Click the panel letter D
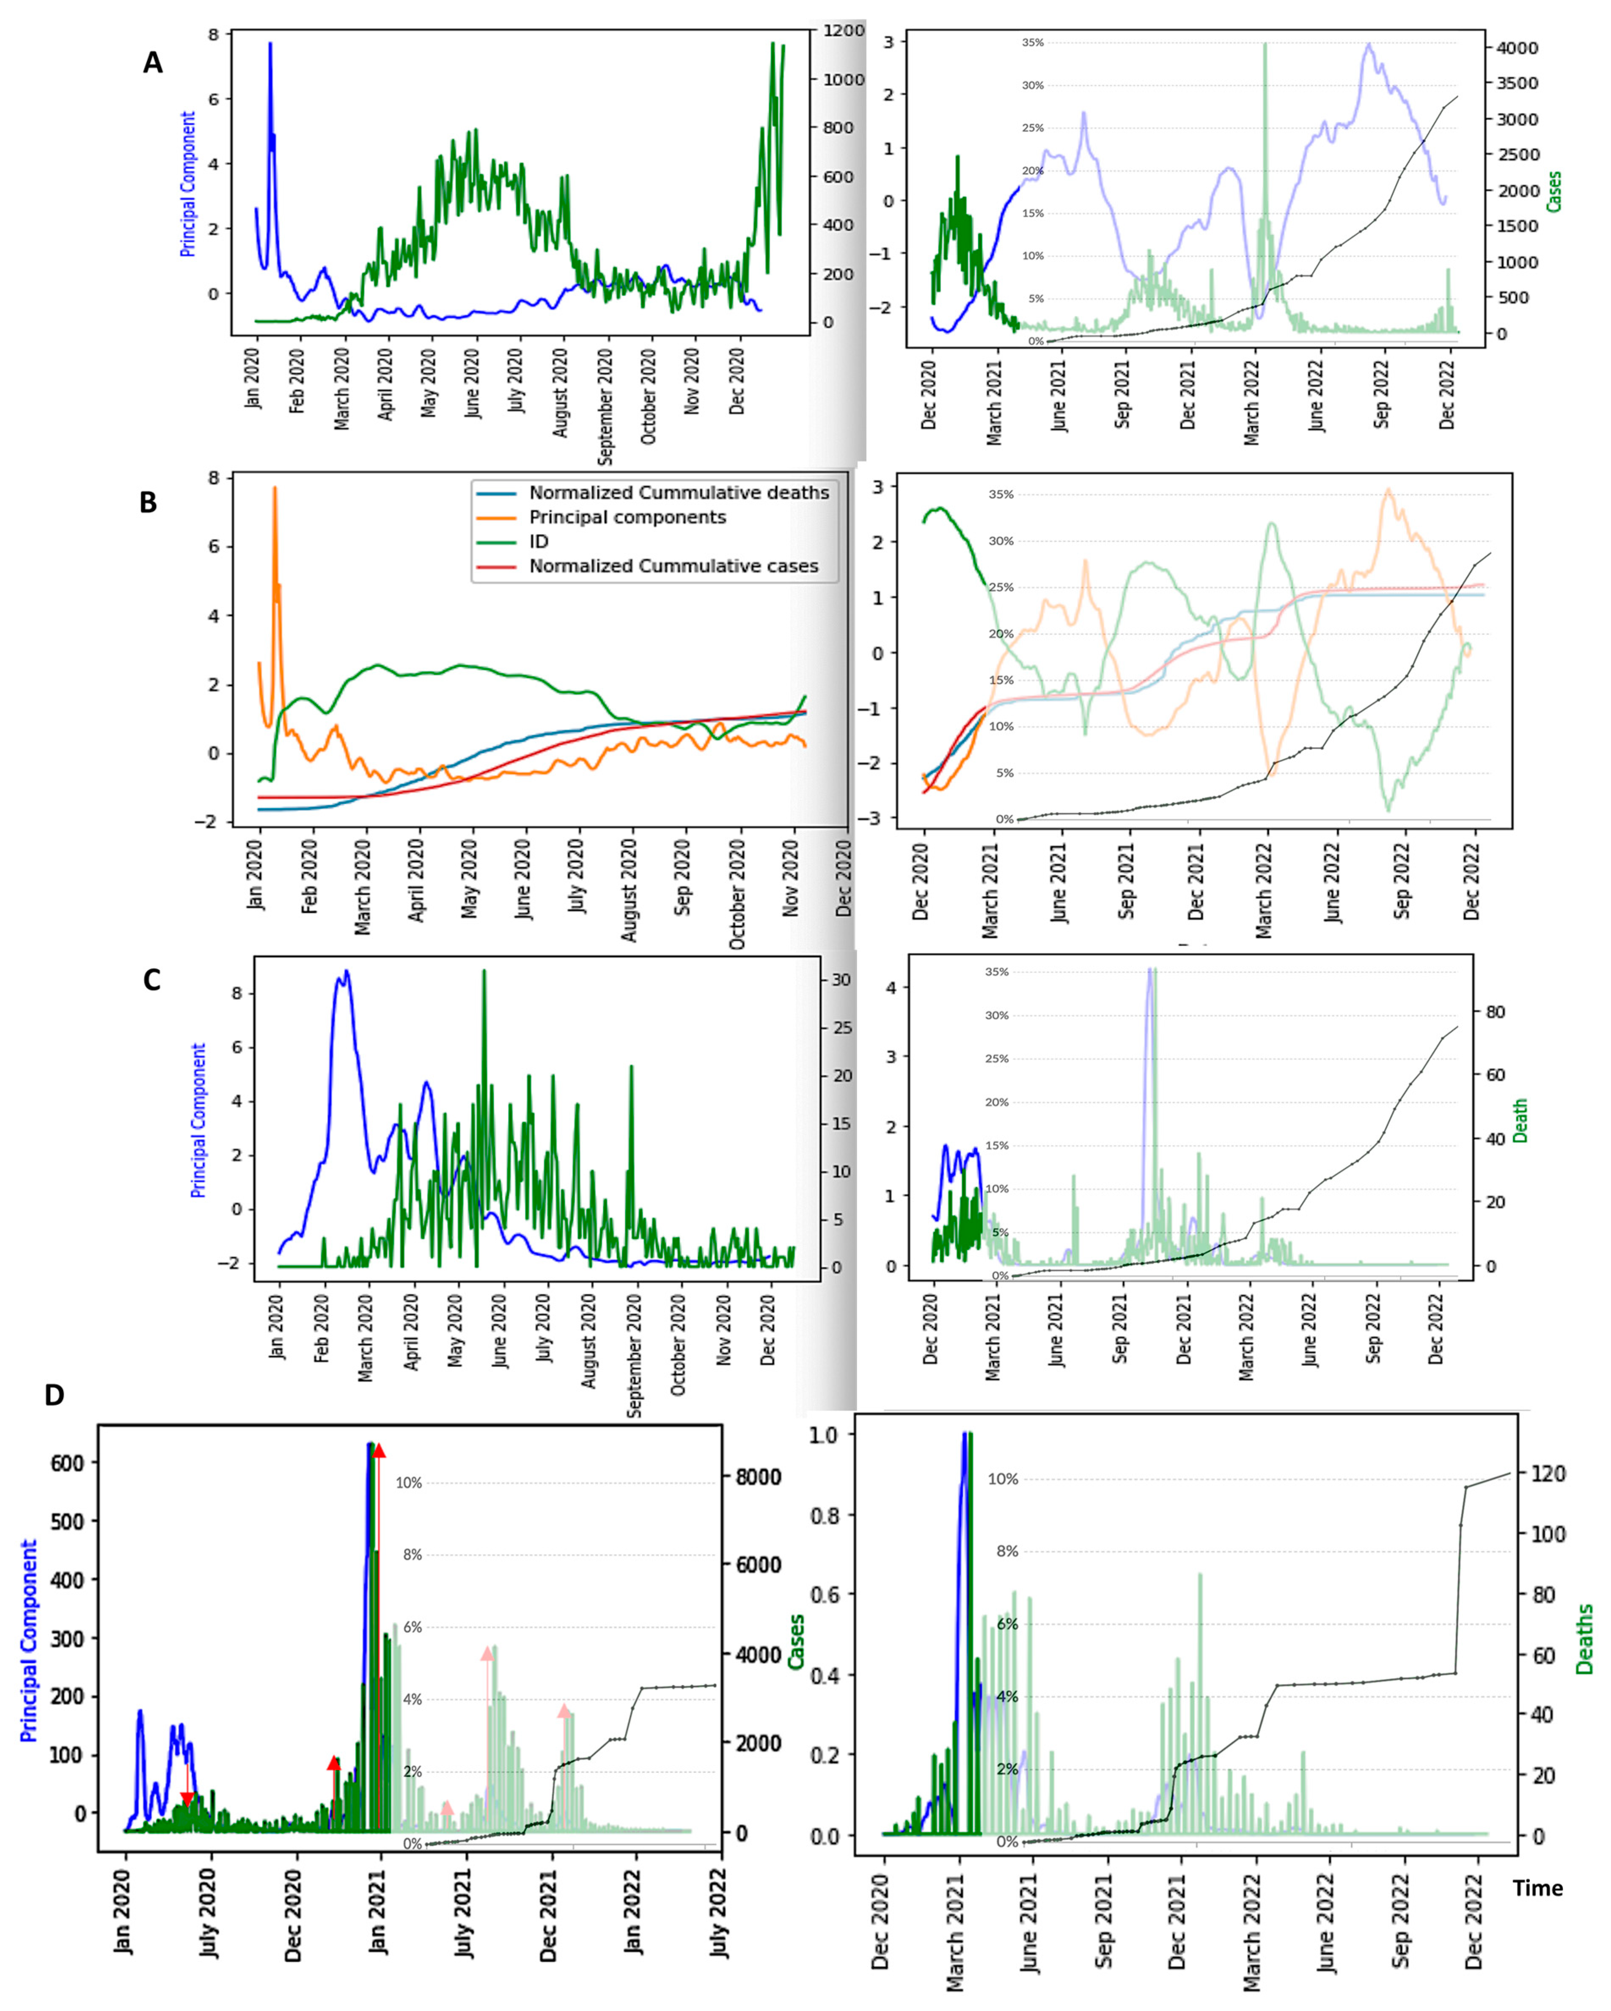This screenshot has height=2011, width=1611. point(54,1394)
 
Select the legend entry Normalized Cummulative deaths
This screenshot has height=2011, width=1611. point(678,493)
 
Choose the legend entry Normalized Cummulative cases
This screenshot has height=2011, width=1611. point(673,566)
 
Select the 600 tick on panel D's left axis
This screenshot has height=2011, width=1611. point(67,1463)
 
